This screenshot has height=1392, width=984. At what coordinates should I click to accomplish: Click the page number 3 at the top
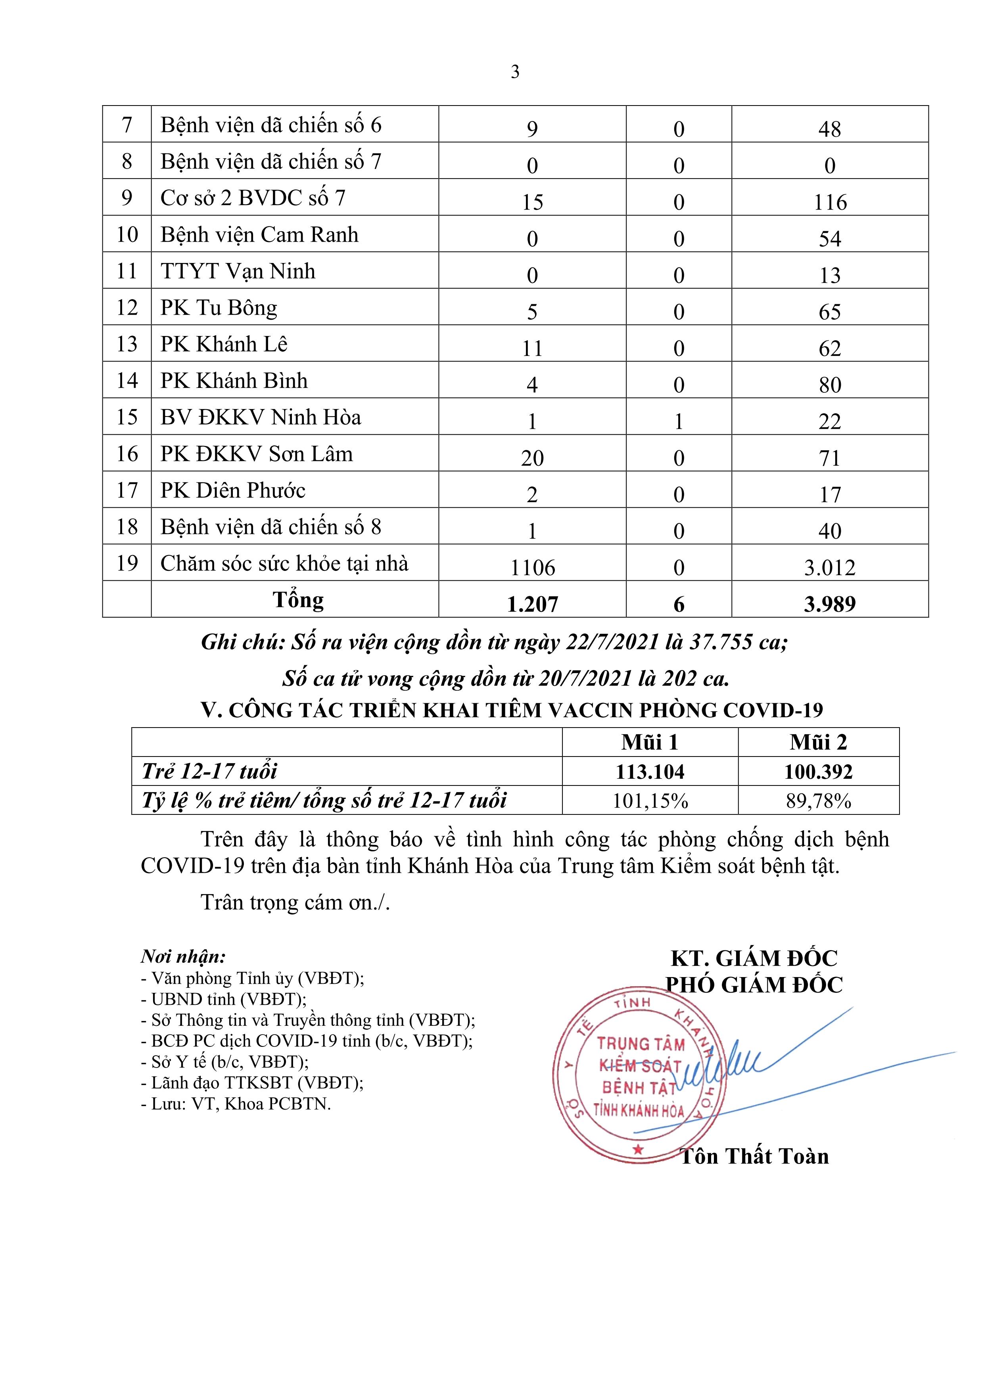tap(515, 72)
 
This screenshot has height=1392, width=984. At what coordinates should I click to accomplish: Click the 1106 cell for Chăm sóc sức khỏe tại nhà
tap(532, 567)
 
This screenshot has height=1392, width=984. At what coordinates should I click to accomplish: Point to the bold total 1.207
tap(532, 604)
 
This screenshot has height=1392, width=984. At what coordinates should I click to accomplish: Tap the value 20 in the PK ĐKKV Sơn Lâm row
tap(532, 458)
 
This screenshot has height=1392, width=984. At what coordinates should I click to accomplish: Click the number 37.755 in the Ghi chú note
tap(720, 642)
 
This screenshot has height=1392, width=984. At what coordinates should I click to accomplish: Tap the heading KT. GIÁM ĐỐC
tap(754, 958)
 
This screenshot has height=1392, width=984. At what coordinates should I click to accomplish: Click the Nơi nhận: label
tap(183, 957)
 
